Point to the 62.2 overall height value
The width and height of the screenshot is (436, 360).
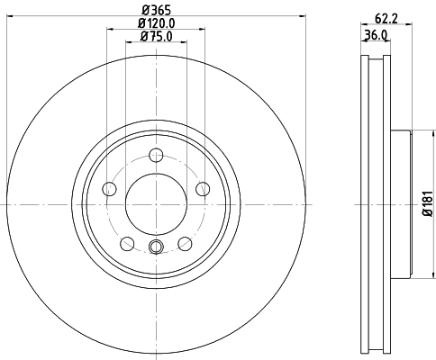tap(382, 15)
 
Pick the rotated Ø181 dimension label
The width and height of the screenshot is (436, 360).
tap(426, 204)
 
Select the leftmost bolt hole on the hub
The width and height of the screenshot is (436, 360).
tap(111, 188)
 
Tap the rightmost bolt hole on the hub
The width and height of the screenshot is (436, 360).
tap(202, 187)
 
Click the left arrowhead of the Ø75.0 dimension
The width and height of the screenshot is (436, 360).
tap(128, 43)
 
